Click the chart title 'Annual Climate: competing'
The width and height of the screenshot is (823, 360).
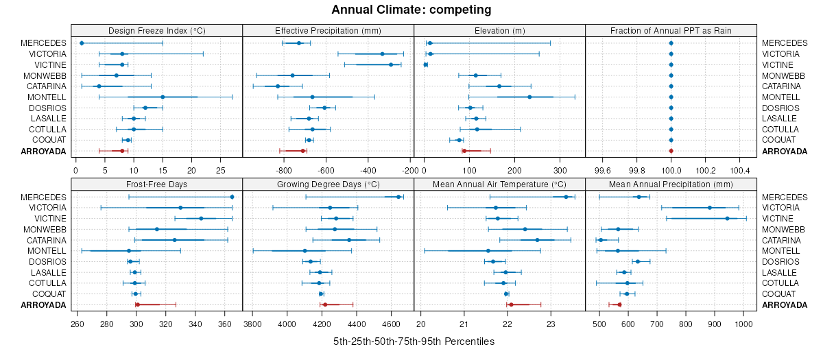411,10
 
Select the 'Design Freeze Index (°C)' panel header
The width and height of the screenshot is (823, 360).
157,30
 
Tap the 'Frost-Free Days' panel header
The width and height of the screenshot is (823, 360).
157,184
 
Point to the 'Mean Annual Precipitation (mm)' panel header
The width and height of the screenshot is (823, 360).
671,184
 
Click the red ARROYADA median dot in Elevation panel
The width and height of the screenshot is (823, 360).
464,151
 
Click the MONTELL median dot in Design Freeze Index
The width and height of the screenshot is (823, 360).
163,97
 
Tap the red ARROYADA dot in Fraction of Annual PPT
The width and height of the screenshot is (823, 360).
671,151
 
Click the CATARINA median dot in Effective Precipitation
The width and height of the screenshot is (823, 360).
278,86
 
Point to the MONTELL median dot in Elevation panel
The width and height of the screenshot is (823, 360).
529,97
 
